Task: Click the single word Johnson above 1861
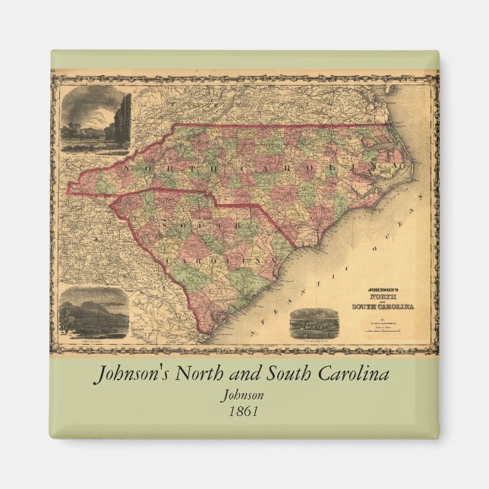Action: pyautogui.click(x=244, y=395)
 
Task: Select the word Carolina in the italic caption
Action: pyautogui.click(x=346, y=375)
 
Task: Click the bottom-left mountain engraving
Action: pyautogui.click(x=93, y=313)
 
